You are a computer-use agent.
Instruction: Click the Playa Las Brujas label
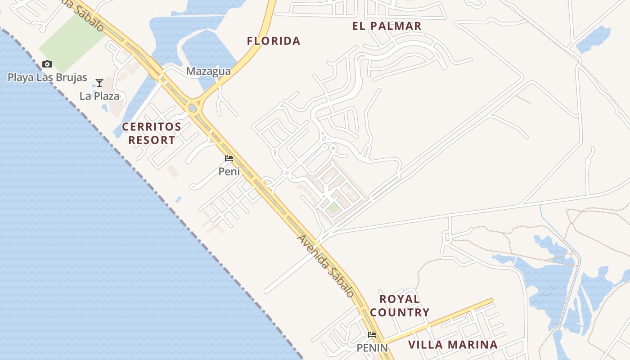tap(47, 77)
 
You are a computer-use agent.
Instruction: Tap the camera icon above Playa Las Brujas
tap(47, 64)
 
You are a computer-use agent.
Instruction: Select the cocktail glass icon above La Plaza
tap(99, 83)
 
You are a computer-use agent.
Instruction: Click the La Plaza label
tap(99, 96)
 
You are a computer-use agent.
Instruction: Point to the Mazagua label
tap(208, 71)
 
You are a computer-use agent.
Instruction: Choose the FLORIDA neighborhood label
tap(274, 41)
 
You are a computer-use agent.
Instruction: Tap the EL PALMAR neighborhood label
tap(387, 26)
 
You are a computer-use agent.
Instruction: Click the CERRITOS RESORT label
tap(152, 133)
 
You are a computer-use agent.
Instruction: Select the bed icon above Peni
tap(229, 158)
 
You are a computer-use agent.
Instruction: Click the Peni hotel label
tap(229, 171)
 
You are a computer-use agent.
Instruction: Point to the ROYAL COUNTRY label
tap(400, 306)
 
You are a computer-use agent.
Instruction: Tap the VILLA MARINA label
tap(453, 345)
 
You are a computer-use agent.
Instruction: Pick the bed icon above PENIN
tap(372, 335)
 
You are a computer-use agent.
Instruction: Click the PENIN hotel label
tap(372, 348)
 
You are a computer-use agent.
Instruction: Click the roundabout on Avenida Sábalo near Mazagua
tap(193, 108)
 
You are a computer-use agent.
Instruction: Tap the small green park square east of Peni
tap(333, 208)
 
